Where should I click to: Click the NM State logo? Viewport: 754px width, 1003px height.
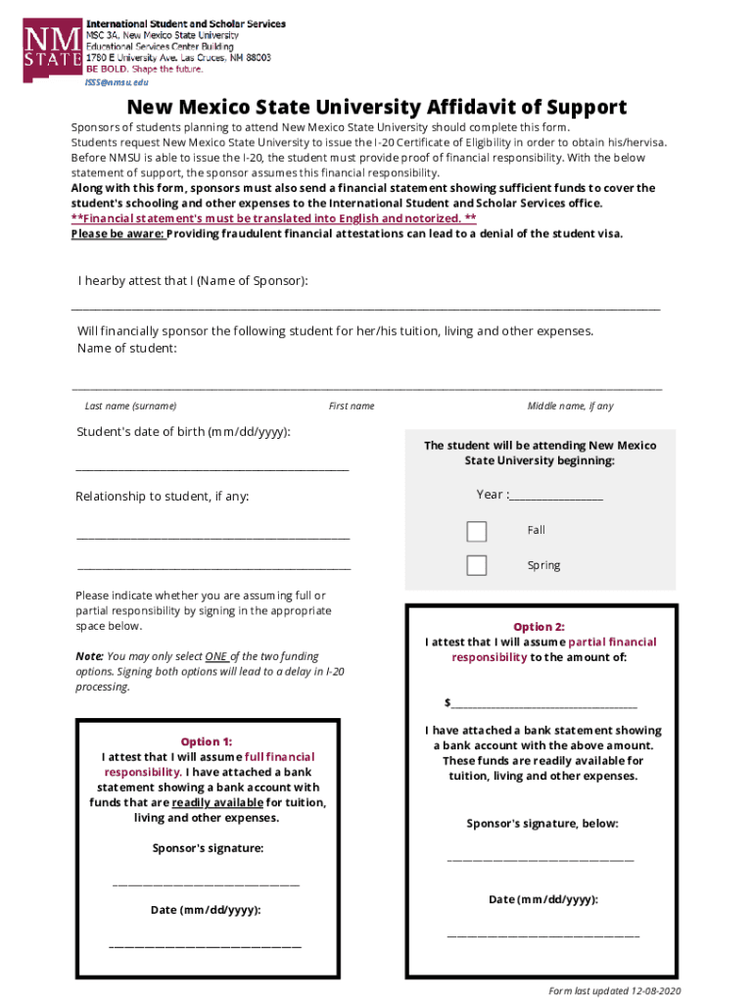tap(51, 48)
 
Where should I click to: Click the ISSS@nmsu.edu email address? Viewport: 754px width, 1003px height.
tap(118, 84)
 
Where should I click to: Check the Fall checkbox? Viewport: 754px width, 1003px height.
tap(477, 531)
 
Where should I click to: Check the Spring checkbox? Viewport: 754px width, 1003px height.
tap(477, 565)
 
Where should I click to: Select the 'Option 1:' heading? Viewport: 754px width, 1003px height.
tap(207, 741)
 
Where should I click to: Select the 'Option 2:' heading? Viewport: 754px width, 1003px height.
tap(540, 627)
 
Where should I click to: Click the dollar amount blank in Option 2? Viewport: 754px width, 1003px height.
tap(543, 704)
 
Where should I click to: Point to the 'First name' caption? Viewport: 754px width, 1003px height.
tap(352, 406)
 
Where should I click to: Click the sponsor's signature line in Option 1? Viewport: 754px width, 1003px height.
tap(207, 883)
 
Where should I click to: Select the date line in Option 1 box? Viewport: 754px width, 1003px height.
tap(206, 945)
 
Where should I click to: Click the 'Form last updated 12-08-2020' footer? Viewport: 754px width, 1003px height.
tap(614, 990)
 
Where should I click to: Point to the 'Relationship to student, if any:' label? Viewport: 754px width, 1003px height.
tap(163, 497)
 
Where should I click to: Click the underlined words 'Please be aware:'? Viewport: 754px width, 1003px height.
tap(118, 234)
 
